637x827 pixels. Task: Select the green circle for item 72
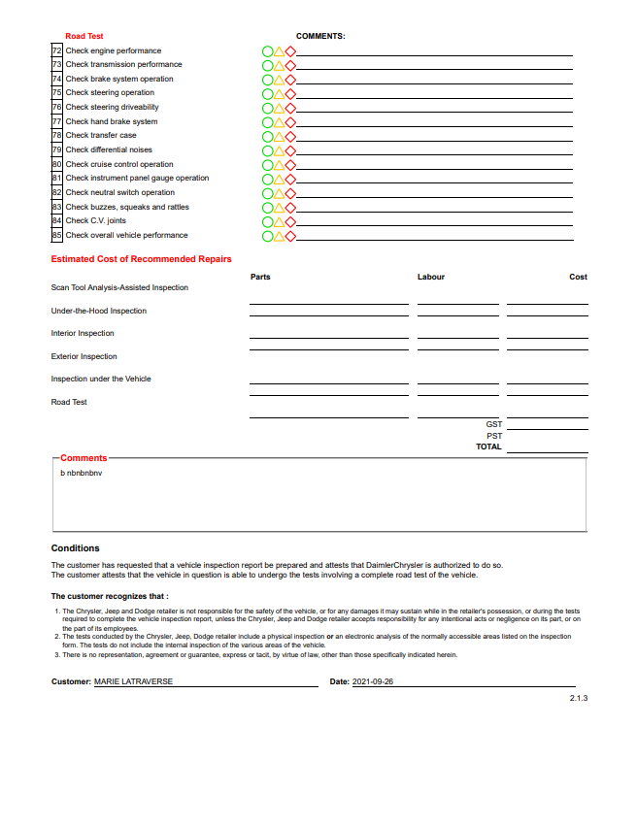267,50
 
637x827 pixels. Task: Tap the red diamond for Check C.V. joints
290,221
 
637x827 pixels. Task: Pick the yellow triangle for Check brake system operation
279,79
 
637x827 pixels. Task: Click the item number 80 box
56,164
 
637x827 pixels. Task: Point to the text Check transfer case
101,136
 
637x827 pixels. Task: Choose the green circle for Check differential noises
267,150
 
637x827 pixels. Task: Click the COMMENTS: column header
320,36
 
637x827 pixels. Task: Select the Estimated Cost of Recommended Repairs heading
142,259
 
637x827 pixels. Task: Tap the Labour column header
431,278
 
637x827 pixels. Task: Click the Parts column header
260,278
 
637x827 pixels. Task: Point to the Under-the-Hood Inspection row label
99,311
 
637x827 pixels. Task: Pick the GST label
494,424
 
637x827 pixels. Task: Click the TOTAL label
489,447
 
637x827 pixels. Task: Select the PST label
494,436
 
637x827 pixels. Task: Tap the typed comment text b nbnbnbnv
81,473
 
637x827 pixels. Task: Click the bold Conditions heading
75,548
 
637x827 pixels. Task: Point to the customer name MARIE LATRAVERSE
133,682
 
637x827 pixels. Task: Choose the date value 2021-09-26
373,682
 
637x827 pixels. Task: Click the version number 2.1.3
579,699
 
